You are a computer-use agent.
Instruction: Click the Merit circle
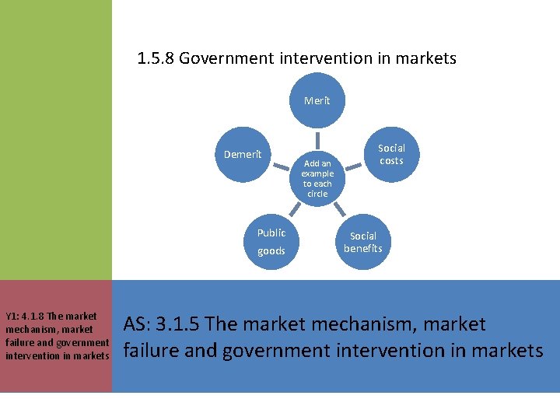coord(317,100)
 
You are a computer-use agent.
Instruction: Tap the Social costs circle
coord(391,154)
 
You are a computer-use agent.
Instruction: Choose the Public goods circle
coord(271,242)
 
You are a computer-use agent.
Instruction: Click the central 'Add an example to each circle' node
coord(317,178)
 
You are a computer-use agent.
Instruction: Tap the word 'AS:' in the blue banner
coord(138,324)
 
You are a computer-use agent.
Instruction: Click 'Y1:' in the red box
coord(14,317)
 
